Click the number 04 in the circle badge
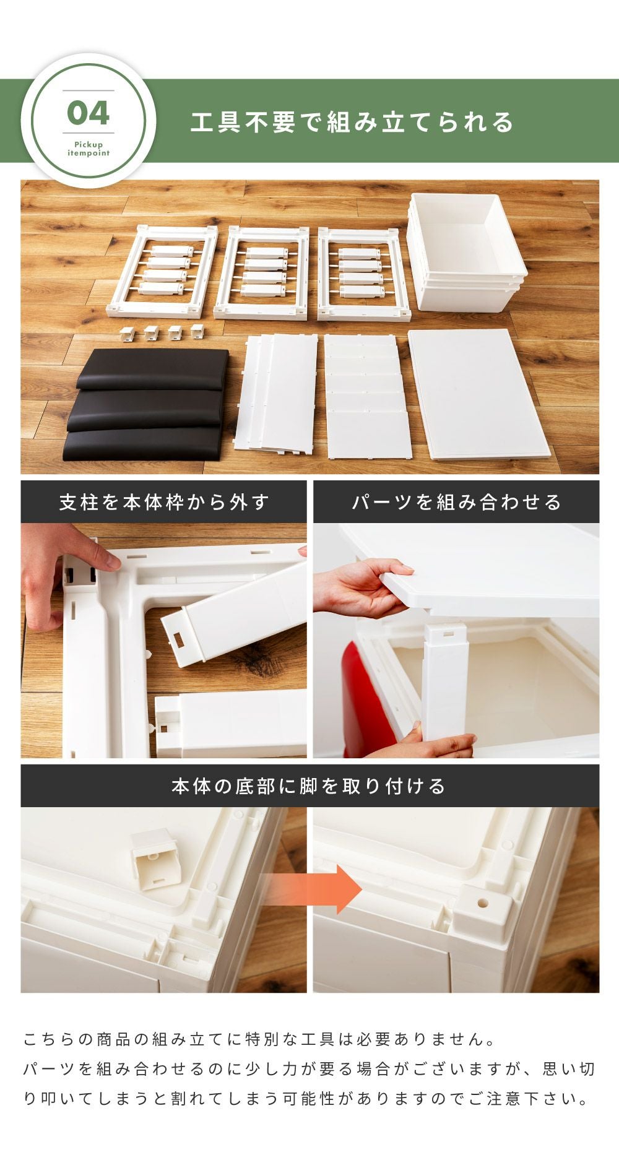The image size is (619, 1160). (x=89, y=113)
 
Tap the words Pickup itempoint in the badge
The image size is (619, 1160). (x=89, y=149)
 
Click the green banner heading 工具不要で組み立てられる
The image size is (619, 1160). (x=352, y=122)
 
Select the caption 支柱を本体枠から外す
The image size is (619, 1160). (x=164, y=501)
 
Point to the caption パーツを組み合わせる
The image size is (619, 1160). (x=456, y=501)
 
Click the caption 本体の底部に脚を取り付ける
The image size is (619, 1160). (x=309, y=786)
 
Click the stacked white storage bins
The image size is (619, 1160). (x=467, y=250)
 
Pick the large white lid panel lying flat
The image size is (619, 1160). (x=479, y=394)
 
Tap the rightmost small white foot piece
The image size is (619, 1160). (x=197, y=331)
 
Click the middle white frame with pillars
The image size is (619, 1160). (x=261, y=272)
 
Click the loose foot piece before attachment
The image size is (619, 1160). (x=153, y=859)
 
